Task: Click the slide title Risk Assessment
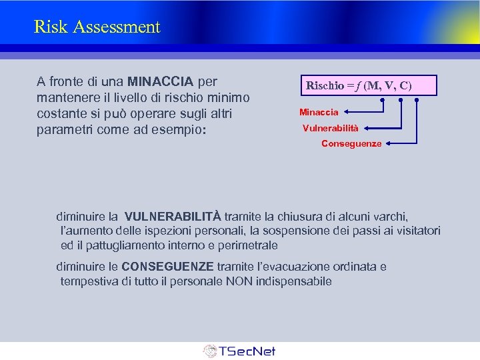(x=97, y=27)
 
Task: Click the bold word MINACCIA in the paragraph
(x=160, y=82)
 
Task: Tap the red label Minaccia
(x=319, y=112)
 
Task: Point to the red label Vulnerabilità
(x=330, y=127)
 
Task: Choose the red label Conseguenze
(x=351, y=143)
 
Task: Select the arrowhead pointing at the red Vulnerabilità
(x=365, y=127)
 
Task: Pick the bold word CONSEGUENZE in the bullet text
(x=168, y=267)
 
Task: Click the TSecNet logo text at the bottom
(x=247, y=351)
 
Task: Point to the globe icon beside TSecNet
(x=210, y=351)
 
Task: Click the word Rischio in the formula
(x=325, y=85)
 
